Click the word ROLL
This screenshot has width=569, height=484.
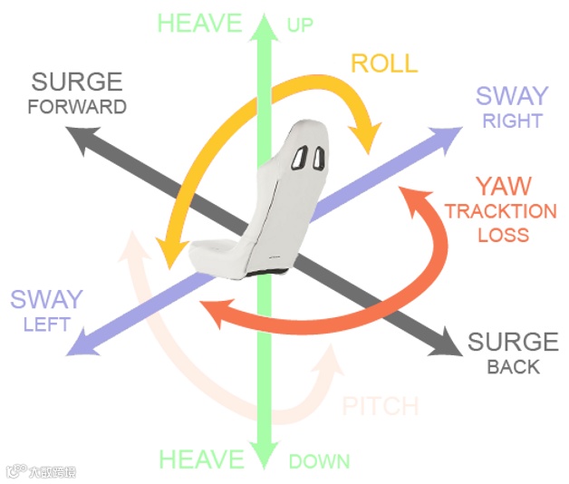[x=384, y=63]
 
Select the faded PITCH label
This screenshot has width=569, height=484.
[x=380, y=405]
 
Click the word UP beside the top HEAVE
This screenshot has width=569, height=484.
[x=300, y=24]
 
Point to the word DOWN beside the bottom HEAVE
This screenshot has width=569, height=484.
[x=319, y=461]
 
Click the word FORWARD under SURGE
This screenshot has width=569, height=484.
[x=76, y=107]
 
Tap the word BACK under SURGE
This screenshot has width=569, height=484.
[x=513, y=367]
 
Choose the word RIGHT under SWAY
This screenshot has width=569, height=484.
[x=513, y=121]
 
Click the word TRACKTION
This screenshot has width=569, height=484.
[x=500, y=212]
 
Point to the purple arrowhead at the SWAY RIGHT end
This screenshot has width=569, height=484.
[x=449, y=137]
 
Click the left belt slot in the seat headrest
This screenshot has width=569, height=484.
[x=301, y=158]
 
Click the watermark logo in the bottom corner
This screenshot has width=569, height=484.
[x=14, y=470]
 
